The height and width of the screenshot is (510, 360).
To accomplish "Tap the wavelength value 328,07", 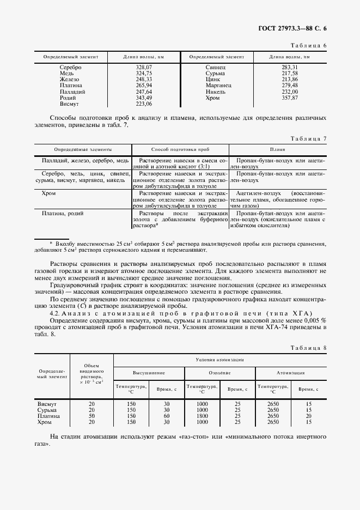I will (x=144, y=67).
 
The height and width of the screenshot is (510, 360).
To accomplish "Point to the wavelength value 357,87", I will (x=290, y=98).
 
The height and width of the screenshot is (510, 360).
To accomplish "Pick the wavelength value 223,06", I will (x=144, y=103).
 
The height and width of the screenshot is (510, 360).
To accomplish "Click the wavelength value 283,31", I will (x=290, y=67).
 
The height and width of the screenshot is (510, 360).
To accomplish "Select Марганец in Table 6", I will (x=219, y=86).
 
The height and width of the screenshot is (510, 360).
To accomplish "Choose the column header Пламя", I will (x=278, y=149).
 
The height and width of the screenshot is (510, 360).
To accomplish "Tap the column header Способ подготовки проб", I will (x=180, y=149).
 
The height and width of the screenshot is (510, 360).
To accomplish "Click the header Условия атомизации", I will (x=219, y=360).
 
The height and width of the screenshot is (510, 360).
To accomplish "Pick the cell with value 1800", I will (x=202, y=416).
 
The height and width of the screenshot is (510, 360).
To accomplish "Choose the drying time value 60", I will (x=167, y=416).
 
